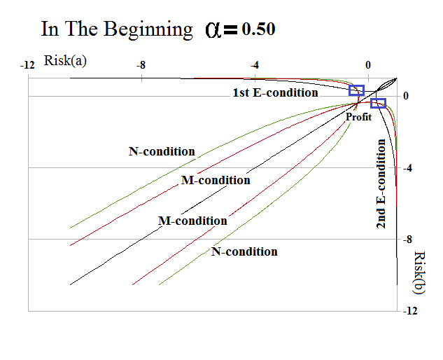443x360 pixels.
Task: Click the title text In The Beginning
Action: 117,29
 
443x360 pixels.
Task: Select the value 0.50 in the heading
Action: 259,29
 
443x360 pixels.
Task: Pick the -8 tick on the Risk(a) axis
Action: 141,65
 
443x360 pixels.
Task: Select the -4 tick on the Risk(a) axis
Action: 255,65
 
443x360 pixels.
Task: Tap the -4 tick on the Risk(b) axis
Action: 409,168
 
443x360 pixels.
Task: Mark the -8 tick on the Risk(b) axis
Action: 409,240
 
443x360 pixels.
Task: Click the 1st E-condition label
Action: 275,92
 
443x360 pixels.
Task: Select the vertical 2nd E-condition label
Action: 381,184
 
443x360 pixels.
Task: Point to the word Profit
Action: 358,117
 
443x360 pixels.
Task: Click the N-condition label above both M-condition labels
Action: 162,151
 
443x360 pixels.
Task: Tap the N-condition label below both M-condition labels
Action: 244,251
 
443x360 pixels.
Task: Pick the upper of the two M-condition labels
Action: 216,180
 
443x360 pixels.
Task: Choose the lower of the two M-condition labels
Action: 192,221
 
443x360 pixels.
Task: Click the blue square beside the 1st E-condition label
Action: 357,90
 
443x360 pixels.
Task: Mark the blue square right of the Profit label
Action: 378,103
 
